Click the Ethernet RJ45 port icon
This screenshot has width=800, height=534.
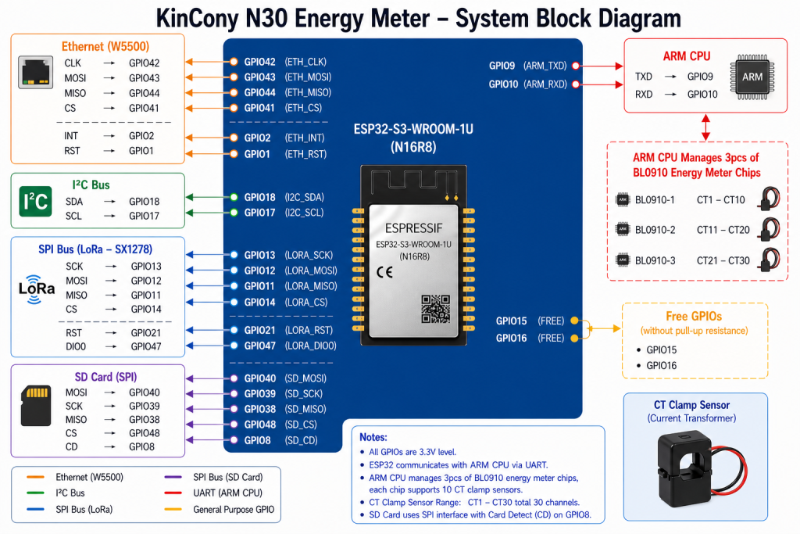[x=36, y=72]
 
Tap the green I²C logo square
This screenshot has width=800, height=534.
[x=35, y=202]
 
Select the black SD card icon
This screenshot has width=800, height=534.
[x=36, y=405]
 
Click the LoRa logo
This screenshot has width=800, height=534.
[x=36, y=289]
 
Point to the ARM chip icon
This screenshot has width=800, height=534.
[x=752, y=77]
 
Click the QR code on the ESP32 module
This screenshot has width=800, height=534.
[x=436, y=308]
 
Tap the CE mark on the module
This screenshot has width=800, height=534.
[x=384, y=272]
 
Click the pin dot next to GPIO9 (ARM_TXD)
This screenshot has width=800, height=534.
[x=576, y=66]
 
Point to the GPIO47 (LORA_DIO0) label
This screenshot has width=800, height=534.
[x=291, y=346]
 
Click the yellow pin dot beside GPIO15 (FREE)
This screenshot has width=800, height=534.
[x=574, y=321]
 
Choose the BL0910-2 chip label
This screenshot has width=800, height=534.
[x=655, y=230]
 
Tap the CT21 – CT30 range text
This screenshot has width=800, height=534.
[x=723, y=260]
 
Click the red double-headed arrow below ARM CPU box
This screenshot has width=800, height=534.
[x=705, y=127]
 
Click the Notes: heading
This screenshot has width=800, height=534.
[x=373, y=437]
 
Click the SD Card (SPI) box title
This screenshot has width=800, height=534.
[x=105, y=377]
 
